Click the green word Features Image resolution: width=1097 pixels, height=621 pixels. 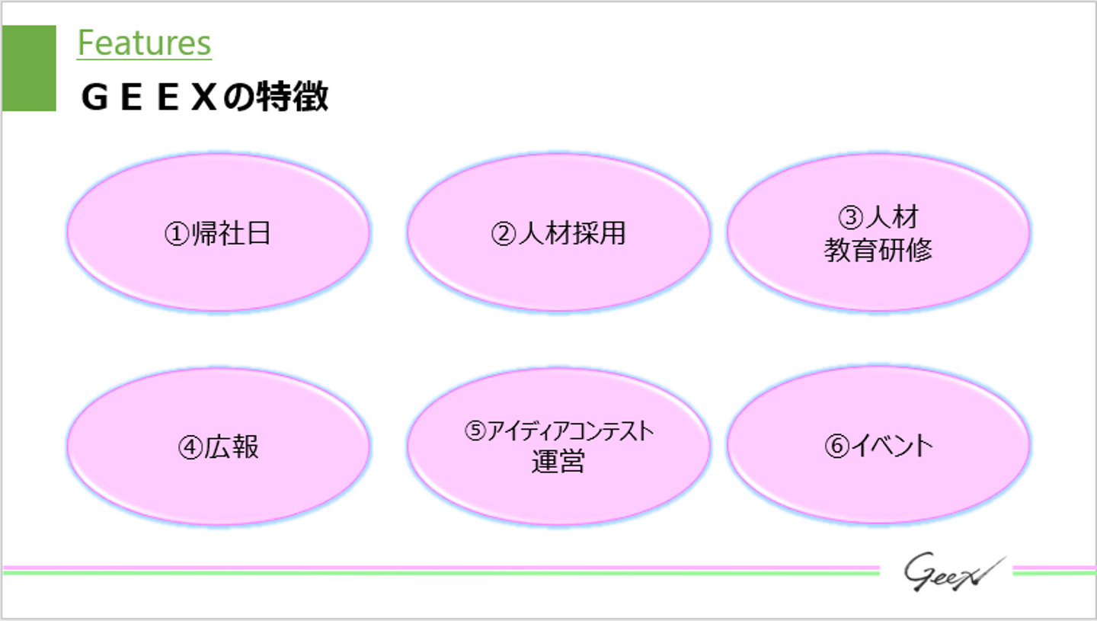pos(144,43)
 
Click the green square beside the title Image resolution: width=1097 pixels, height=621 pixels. pos(29,69)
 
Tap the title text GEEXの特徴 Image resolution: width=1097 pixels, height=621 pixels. pos(204,98)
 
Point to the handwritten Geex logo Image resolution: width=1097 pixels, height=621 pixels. pos(948,572)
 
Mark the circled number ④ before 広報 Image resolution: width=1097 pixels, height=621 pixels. pos(190,448)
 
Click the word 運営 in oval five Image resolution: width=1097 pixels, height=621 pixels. pos(558,462)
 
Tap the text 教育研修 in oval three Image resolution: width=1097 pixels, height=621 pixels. pos(878,251)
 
